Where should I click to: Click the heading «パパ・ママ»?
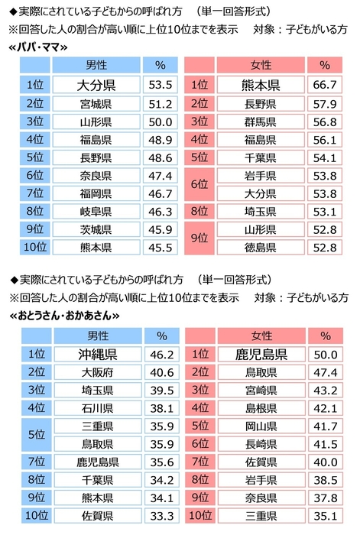pyautogui.click(x=37, y=47)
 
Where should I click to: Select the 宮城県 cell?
pyautogui.click(x=96, y=103)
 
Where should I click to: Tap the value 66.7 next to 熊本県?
pyautogui.click(x=325, y=86)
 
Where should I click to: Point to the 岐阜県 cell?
pyautogui.click(x=96, y=211)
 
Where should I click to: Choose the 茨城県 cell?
pyautogui.click(x=96, y=229)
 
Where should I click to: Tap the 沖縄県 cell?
pyautogui.click(x=96, y=354)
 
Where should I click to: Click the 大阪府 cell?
pyautogui.click(x=96, y=372)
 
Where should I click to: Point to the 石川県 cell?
pyautogui.click(x=96, y=408)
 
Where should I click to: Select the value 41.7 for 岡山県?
pyautogui.click(x=325, y=426)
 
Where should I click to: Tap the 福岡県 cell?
pyautogui.click(x=96, y=193)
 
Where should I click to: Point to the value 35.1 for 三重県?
pyautogui.click(x=325, y=516)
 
